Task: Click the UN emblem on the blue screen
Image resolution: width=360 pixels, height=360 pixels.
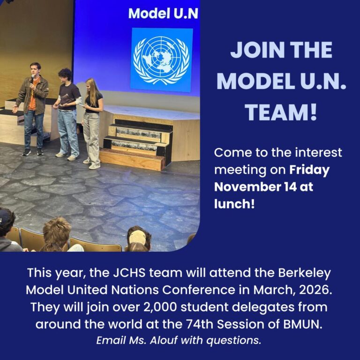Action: [x=161, y=60]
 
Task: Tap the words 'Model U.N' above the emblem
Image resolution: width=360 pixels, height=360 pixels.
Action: [x=163, y=13]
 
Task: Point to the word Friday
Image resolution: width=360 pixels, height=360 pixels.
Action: [x=309, y=170]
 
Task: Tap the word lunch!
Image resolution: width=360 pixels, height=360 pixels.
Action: [x=234, y=203]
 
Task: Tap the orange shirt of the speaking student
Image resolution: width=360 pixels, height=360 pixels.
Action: [x=32, y=96]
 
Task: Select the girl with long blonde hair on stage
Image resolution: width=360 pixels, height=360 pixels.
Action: [x=92, y=120]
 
